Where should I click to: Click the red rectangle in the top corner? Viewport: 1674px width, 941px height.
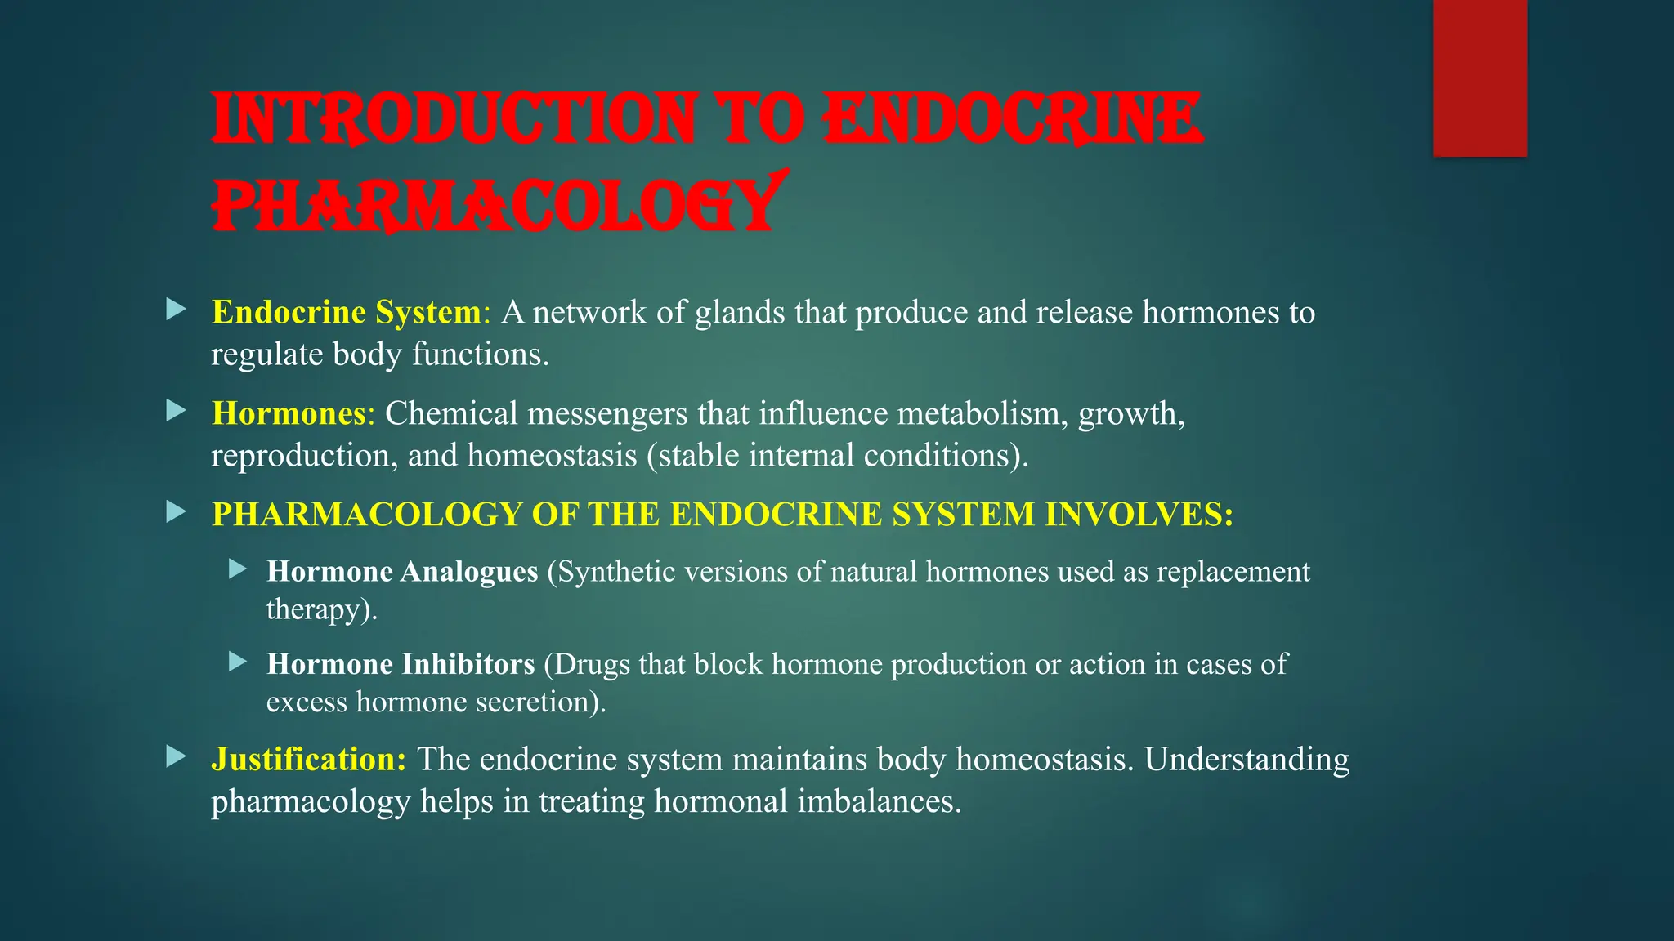(x=1479, y=78)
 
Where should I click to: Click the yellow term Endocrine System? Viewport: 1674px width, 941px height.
(x=346, y=312)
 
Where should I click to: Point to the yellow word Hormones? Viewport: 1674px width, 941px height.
(x=289, y=413)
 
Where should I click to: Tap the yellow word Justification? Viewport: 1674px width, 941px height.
(x=308, y=759)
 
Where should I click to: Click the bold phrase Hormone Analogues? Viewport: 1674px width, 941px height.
(x=402, y=571)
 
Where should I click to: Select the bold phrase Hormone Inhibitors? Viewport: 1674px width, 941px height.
(x=401, y=664)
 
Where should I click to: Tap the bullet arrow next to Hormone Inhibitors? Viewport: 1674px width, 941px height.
(x=238, y=661)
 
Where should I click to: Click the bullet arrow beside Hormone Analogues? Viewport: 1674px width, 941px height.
(x=238, y=568)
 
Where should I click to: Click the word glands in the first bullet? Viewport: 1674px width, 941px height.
(x=740, y=312)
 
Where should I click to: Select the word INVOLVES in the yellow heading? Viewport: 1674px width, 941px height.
(x=1139, y=515)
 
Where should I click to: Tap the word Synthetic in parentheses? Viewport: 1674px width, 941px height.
(x=616, y=571)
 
